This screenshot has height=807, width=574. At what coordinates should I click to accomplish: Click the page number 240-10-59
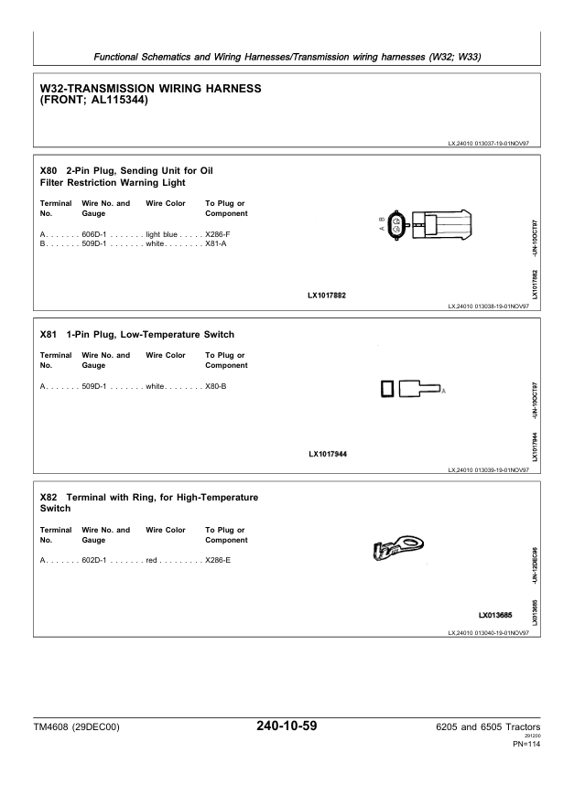pos(287,726)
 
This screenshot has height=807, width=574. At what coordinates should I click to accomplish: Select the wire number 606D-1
pos(94,234)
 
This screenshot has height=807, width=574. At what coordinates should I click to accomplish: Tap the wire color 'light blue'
pos(161,234)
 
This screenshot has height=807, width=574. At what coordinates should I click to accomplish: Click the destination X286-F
pos(218,234)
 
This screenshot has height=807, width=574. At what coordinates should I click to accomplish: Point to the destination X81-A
pos(216,243)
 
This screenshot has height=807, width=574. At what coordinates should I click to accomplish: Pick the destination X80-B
pos(216,386)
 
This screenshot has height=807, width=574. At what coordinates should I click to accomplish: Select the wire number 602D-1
pos(94,560)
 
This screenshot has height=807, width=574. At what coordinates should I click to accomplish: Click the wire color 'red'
pos(151,560)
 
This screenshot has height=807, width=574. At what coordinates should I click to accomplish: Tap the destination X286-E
pos(218,560)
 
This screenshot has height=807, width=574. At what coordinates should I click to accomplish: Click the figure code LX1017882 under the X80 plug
pos(327,296)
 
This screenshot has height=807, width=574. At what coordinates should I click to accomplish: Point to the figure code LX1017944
pos(328,454)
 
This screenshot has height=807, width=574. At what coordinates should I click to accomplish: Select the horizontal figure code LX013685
pos(495,615)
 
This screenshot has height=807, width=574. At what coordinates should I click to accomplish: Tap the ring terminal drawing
pos(397,547)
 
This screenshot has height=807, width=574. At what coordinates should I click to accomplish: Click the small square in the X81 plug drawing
pos(387,389)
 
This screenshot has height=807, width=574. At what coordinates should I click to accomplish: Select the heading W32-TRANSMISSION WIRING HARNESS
pos(151,89)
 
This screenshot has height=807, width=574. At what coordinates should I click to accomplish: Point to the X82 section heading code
pos(49,498)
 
